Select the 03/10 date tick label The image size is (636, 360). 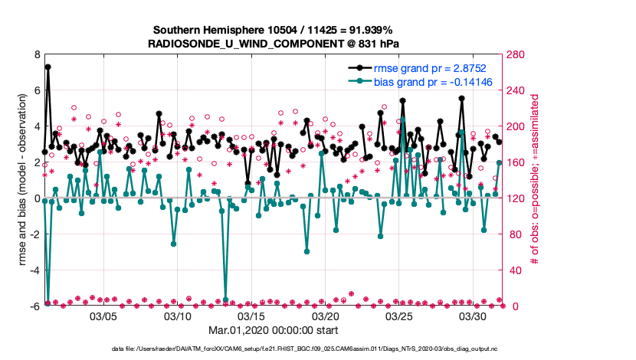177,316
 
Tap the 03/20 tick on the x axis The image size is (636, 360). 326,316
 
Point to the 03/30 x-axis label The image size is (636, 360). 474,316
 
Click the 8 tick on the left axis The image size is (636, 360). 37,55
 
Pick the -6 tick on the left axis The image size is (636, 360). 34,306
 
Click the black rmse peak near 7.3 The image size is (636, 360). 48,67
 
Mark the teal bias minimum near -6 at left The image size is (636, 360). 48,303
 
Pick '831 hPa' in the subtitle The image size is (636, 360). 375,44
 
